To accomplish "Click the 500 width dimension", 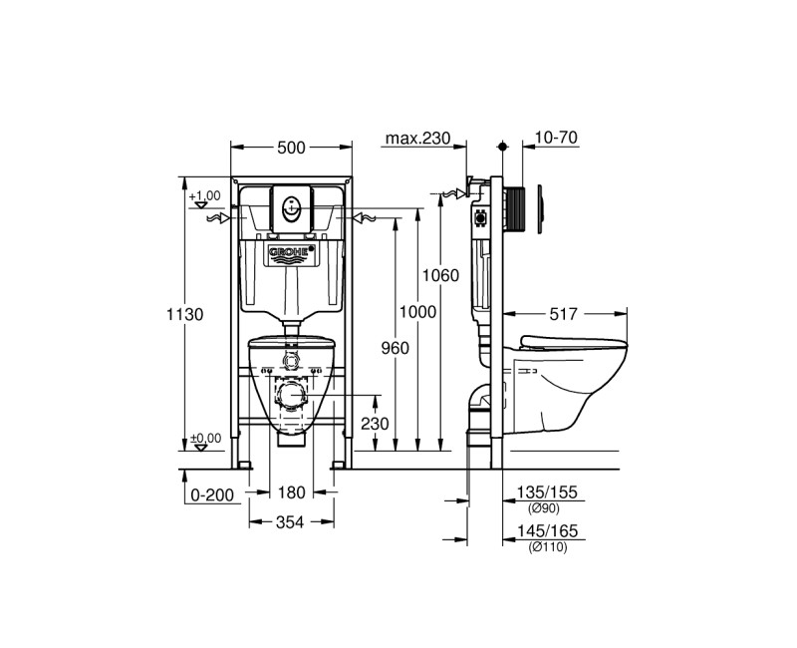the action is (291, 148).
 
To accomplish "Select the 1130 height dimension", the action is (185, 314).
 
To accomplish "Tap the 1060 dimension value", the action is (440, 275).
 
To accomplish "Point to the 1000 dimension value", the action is (417, 311).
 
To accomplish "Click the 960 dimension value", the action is (395, 348).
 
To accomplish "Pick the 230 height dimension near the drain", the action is (375, 423).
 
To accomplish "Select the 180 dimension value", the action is (291, 492).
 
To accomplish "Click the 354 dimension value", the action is (290, 521).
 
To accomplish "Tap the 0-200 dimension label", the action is (212, 494).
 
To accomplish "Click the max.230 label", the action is (417, 138).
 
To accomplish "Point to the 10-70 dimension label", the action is (557, 138).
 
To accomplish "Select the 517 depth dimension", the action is (563, 314).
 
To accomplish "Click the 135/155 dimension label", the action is (547, 492).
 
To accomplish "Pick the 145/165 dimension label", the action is (547, 531).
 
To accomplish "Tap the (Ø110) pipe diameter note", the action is (547, 547).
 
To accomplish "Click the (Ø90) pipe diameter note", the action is (544, 508).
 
